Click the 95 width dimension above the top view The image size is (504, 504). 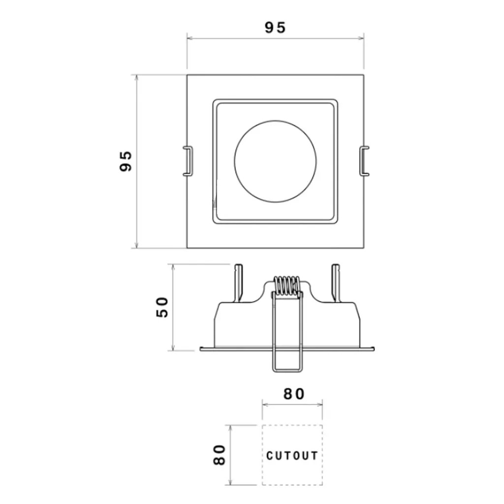tap(275, 28)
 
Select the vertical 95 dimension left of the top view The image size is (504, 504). tap(126, 161)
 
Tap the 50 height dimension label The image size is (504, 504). tap(162, 307)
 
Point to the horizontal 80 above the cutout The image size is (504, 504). tap(294, 394)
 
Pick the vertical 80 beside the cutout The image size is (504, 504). tap(220, 455)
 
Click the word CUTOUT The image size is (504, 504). tap(292, 455)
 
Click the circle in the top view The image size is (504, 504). tap(275, 121)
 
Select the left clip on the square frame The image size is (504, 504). tap(188, 161)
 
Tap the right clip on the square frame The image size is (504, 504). tap(364, 161)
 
